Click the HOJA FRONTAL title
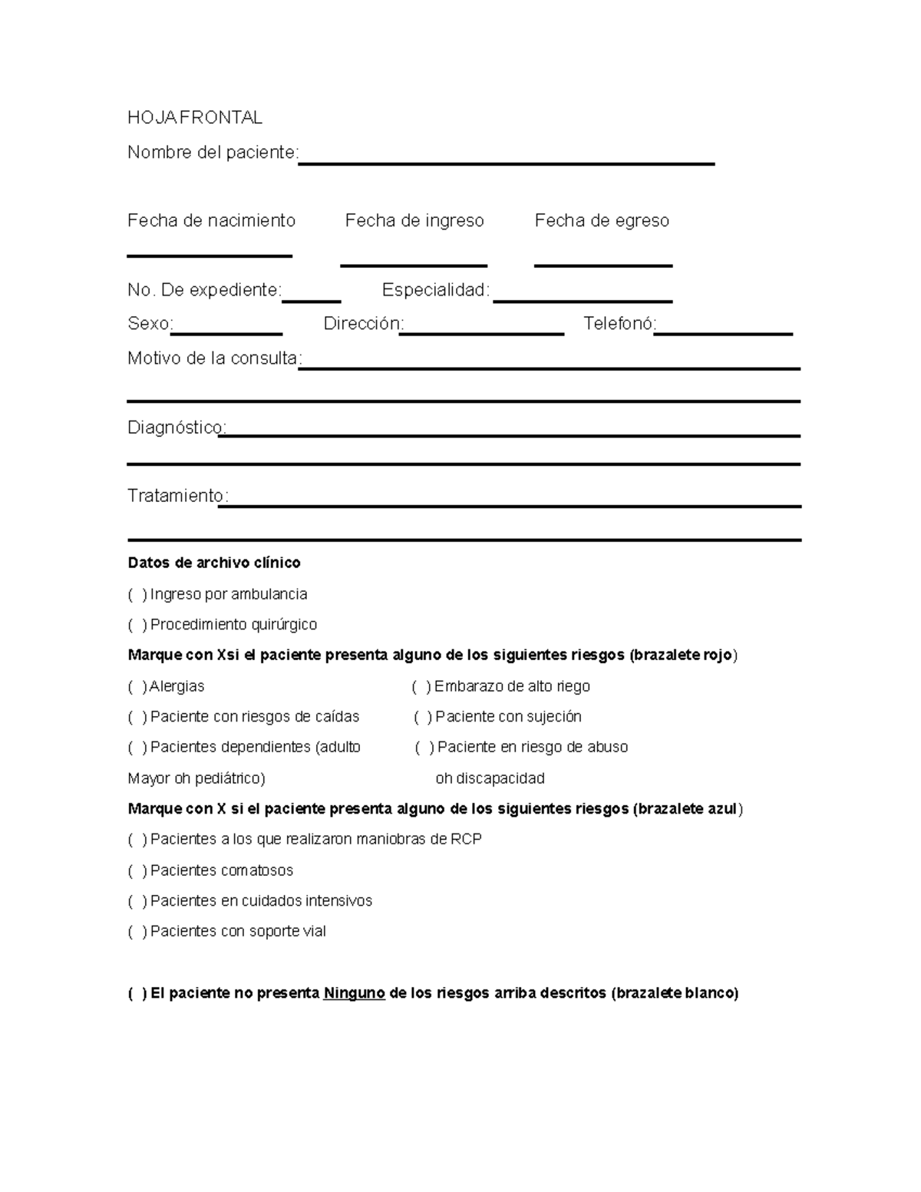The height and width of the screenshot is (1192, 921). (x=195, y=117)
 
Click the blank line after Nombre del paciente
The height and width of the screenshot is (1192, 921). (x=506, y=162)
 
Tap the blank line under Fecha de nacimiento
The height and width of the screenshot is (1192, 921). (x=210, y=254)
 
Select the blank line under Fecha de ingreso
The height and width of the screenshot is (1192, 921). (x=414, y=264)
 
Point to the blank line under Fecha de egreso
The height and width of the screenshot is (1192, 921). (x=603, y=264)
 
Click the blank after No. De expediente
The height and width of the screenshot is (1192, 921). (x=312, y=300)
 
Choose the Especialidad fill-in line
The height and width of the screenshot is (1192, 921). (x=583, y=299)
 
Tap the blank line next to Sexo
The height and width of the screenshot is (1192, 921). (x=227, y=333)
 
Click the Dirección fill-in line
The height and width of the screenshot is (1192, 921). (x=482, y=333)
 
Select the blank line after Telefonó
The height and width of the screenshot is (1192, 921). (x=723, y=333)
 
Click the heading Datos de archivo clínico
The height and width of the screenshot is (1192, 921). (x=214, y=563)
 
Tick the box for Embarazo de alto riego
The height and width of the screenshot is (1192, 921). (x=421, y=686)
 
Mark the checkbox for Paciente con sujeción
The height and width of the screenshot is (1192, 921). (x=423, y=717)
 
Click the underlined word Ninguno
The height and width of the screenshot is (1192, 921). (x=354, y=993)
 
